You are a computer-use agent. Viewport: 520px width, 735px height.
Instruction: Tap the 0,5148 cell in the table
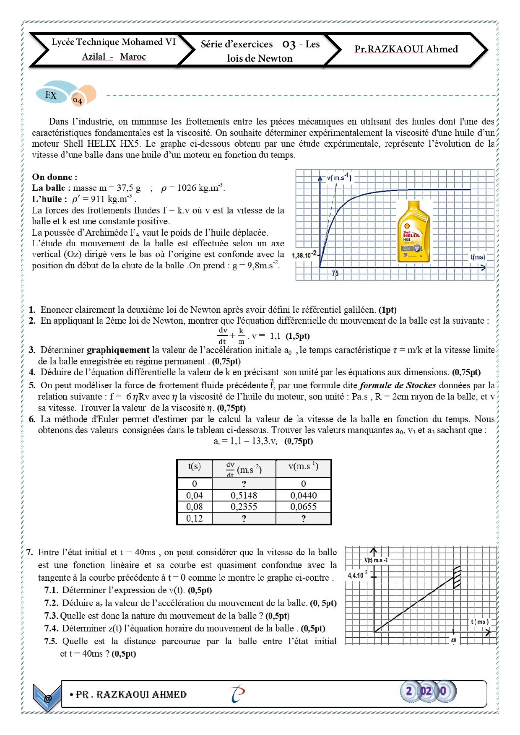tap(244, 495)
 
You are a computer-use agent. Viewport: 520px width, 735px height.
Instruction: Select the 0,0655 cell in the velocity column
tap(303, 506)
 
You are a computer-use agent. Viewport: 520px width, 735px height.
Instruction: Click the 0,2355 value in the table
tap(244, 506)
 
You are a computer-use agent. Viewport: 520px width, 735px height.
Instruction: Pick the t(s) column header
tap(194, 467)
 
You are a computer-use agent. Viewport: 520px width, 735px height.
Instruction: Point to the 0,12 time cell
tap(194, 518)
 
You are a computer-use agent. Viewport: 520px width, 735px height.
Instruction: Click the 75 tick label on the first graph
tap(335, 273)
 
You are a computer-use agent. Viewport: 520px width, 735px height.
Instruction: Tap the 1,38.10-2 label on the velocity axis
tap(304, 255)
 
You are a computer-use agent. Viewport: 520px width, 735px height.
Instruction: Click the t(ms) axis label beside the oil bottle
tap(478, 257)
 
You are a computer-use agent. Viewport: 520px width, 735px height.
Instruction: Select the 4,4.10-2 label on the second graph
tap(358, 575)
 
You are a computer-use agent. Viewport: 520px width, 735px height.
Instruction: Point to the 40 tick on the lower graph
tap(453, 640)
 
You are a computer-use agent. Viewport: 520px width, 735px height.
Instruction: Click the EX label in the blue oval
tap(51, 95)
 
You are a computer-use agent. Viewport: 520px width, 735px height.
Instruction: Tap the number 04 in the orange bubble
tap(78, 100)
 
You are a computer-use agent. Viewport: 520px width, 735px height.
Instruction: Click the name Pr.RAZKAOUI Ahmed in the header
tap(406, 49)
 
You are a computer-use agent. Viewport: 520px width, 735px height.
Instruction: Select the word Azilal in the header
tap(94, 57)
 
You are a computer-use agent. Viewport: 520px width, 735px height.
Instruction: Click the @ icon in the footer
tap(48, 698)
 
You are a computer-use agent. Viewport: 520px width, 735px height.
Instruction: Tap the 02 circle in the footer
tap(426, 691)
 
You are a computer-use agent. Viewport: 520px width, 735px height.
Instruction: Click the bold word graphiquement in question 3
tap(118, 350)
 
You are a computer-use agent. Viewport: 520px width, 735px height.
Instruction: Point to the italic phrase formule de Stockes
tap(398, 385)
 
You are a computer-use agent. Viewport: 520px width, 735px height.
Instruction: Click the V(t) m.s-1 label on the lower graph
tap(376, 560)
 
